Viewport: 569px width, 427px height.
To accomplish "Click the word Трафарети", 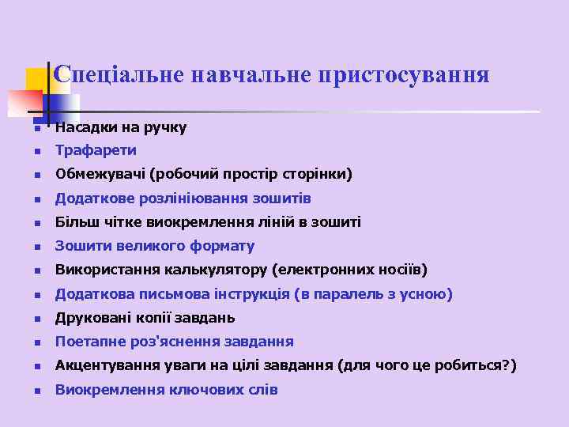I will [x=96, y=150].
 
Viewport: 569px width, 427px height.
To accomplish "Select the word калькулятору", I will [x=216, y=270].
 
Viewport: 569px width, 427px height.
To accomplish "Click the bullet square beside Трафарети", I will [x=36, y=151].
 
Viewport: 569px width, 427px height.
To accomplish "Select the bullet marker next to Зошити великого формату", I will [x=36, y=247].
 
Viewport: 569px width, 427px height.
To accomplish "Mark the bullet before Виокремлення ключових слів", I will [x=36, y=391].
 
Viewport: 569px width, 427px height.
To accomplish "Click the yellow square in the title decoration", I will [x=36, y=79].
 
